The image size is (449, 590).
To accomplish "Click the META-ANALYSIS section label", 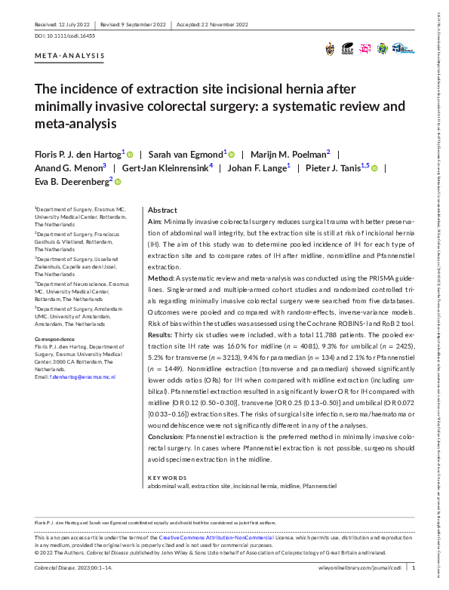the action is (x=69, y=57).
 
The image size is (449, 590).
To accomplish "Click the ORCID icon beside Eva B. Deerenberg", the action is (x=118, y=182).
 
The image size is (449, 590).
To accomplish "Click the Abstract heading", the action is (x=162, y=210).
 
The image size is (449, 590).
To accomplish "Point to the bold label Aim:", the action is (x=155, y=223).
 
